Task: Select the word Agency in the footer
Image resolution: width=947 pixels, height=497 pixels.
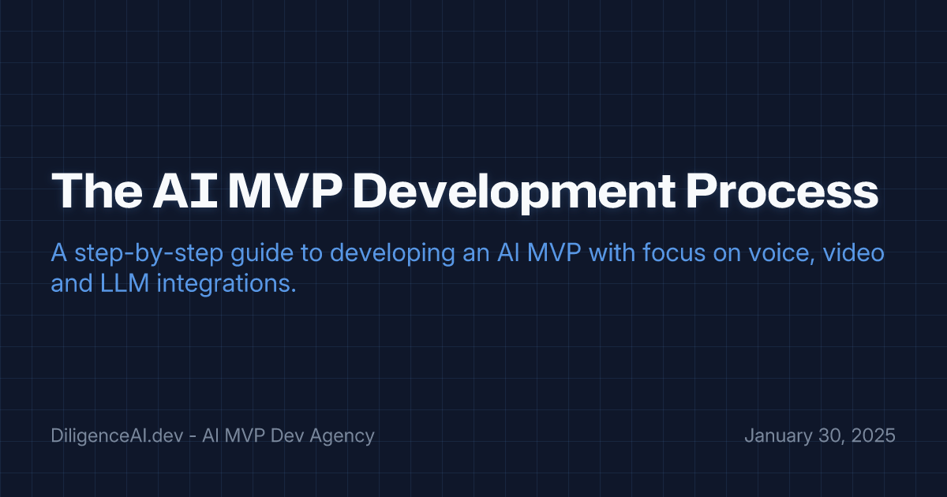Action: (342, 435)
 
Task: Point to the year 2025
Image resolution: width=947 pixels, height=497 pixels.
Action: (872, 435)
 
